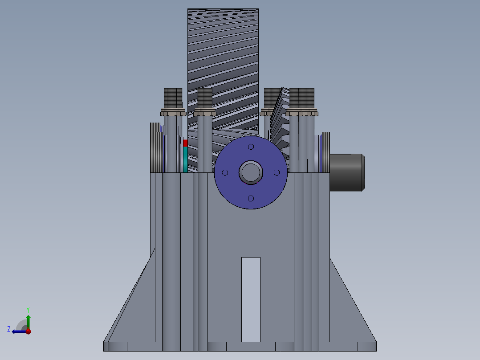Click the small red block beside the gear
point(185,143)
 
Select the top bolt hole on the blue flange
point(251,147)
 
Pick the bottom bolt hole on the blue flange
point(251,198)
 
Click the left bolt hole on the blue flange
point(225,172)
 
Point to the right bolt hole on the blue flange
point(277,172)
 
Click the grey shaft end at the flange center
point(251,172)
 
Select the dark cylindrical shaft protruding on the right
point(346,172)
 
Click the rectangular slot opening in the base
point(251,299)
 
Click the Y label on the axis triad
point(28,309)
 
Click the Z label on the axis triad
point(9,329)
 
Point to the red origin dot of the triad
point(28,331)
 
